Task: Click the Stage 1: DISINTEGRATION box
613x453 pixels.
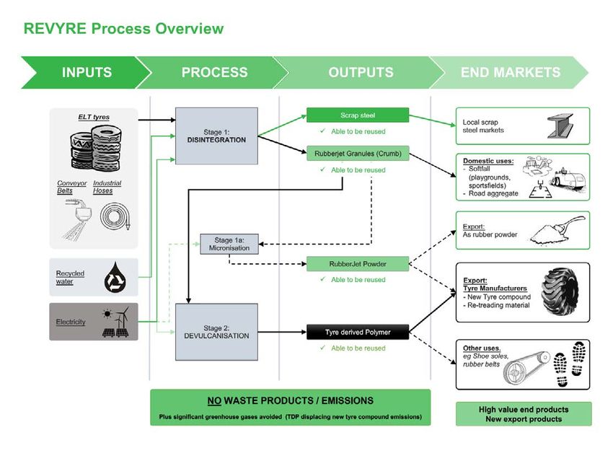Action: pos(216,136)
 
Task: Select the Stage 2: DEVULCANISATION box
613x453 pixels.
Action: pos(216,332)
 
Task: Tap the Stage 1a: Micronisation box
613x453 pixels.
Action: pos(229,244)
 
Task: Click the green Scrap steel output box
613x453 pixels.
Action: pos(358,115)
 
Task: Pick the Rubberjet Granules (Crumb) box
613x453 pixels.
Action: pos(358,154)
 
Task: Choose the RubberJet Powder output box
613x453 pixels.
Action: pos(358,264)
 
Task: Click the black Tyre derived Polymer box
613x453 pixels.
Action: pos(358,332)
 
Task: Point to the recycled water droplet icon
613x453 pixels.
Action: pos(115,278)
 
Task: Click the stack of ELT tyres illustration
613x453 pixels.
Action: pos(96,148)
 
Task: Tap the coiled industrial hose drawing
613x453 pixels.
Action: pos(115,216)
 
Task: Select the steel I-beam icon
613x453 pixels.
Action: pos(560,126)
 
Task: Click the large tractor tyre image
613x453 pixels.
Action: pos(560,292)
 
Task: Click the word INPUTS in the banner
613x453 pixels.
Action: pos(87,72)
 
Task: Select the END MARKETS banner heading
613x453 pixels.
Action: pos(511,72)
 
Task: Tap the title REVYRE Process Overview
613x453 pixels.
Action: pos(123,29)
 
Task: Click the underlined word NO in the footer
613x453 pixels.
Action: pos(214,400)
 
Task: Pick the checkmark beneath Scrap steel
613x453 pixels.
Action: pos(322,131)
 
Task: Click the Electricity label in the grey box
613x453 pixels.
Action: pos(71,322)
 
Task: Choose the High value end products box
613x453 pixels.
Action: pos(524,414)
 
